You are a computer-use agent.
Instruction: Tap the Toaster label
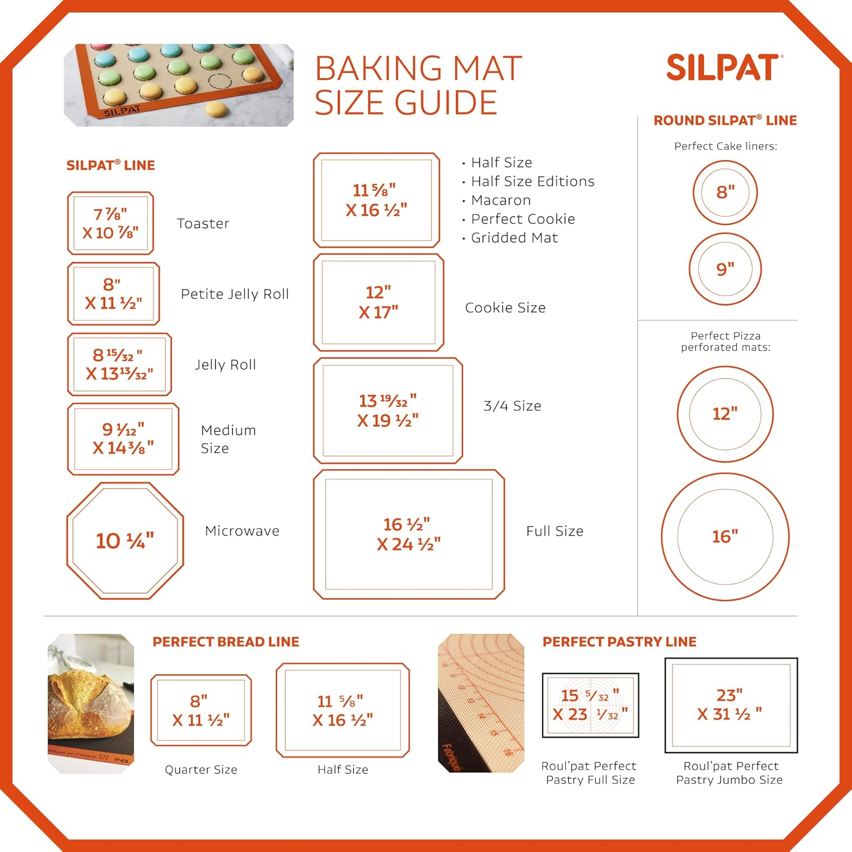point(203,223)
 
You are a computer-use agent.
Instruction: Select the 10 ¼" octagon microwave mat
point(125,541)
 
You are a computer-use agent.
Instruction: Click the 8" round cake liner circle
point(725,192)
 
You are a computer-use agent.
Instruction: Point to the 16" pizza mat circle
point(725,536)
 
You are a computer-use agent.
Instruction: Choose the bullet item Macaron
point(500,200)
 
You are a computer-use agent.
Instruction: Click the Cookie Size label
point(505,307)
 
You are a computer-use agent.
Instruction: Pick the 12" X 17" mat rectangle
point(378,302)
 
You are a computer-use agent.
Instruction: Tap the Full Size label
point(554,531)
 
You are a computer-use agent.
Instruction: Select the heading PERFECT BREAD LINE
point(225,642)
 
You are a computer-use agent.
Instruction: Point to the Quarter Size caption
point(201,770)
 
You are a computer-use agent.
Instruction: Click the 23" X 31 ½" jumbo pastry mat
point(731,705)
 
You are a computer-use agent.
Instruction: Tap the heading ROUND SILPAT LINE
point(725,120)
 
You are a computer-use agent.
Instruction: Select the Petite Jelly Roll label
point(235,294)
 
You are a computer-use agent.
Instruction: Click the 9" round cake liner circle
point(725,269)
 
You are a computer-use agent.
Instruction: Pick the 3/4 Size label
point(512,406)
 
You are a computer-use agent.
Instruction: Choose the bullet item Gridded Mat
point(514,237)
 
